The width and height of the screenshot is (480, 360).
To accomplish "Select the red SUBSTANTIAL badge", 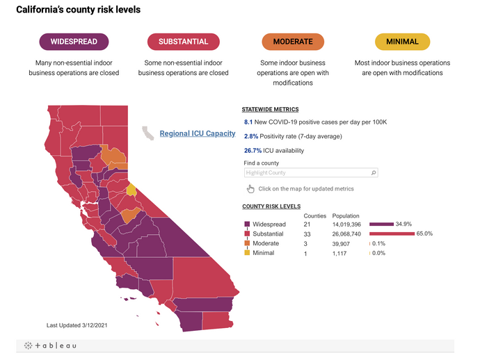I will point(183,42).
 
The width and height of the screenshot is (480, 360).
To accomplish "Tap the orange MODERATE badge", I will point(292,42).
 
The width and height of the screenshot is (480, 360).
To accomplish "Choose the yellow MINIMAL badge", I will point(402,42).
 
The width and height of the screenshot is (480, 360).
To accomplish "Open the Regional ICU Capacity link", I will point(197,133).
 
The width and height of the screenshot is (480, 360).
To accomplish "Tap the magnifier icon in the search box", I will point(374,172).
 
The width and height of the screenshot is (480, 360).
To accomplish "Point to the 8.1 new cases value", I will point(248,122).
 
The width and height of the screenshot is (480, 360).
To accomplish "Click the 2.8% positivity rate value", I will point(250,136).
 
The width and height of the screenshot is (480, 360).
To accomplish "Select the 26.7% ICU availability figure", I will point(252,150).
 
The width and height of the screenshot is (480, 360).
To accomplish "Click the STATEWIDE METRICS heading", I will point(270,109).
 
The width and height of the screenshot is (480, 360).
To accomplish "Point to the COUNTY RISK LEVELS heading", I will point(271,206).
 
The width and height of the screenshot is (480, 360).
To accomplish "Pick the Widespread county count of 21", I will point(307,224).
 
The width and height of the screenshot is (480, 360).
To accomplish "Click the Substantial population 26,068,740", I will point(346,234).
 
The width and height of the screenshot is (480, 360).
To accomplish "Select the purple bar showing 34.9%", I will point(381,224).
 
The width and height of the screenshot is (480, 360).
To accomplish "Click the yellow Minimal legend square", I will point(246,253).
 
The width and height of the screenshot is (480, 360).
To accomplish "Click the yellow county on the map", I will point(131,190).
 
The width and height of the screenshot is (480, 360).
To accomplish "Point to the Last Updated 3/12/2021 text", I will point(77,325).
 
